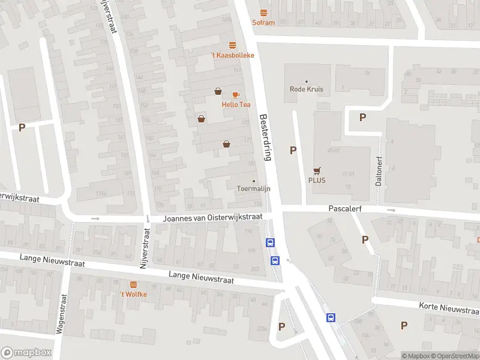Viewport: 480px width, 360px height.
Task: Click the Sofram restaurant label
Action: tap(263, 23)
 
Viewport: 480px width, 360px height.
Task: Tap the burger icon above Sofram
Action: tap(263, 13)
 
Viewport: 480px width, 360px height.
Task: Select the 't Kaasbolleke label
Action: tap(232, 55)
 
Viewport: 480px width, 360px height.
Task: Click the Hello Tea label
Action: tap(236, 104)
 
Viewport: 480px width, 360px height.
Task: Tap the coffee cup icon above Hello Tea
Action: tap(236, 95)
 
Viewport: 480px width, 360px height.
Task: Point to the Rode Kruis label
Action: tap(307, 89)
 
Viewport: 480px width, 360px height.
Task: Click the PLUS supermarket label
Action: tap(316, 180)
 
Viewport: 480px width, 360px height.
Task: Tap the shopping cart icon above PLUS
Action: tap(316, 170)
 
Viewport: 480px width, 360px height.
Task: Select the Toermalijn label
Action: tap(254, 188)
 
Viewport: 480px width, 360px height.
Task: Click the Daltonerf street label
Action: tap(379, 174)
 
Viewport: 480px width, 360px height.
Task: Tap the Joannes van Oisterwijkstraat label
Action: tap(213, 218)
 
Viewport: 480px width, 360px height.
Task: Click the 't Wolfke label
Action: tap(133, 294)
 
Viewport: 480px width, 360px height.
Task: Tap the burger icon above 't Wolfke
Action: tap(133, 284)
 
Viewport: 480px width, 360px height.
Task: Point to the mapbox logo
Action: tap(26, 353)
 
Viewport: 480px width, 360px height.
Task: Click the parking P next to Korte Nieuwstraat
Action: tap(404, 325)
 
